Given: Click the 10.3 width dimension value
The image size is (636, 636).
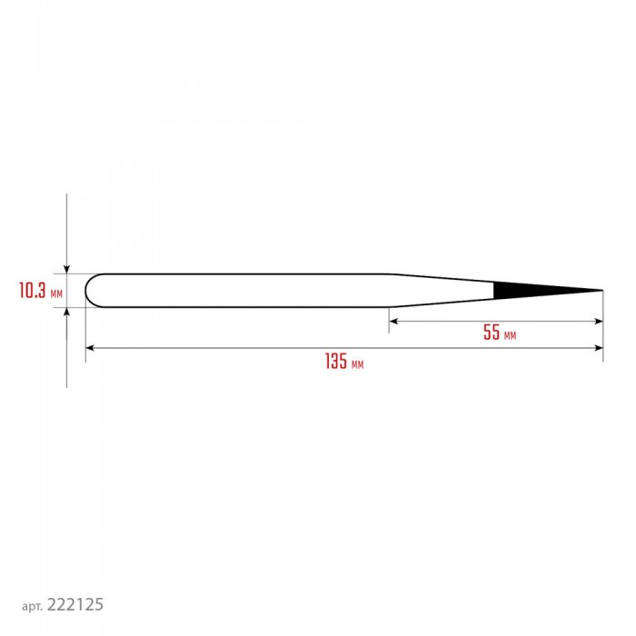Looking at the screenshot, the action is click(33, 291).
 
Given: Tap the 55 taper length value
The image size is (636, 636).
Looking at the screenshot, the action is click(492, 333).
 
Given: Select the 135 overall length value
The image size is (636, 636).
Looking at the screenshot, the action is click(336, 361).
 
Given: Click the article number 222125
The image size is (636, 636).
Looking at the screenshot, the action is click(75, 604).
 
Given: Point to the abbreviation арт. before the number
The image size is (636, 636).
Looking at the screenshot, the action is click(32, 606).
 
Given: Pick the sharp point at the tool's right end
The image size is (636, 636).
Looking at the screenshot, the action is click(602, 291).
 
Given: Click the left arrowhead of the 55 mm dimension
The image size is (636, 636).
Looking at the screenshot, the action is click(393, 322).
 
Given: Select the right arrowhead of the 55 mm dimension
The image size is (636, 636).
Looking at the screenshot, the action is click(598, 322).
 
